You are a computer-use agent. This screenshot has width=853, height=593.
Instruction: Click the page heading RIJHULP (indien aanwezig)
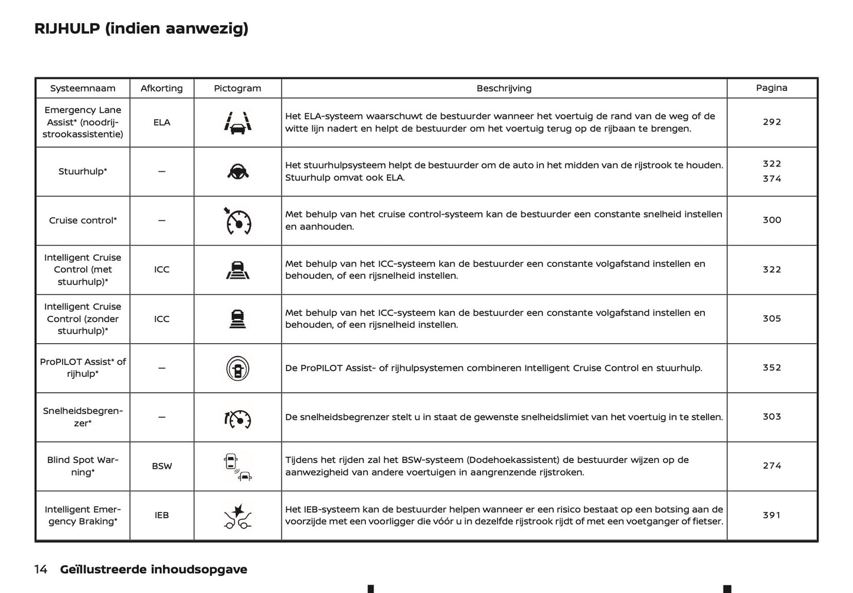(141, 28)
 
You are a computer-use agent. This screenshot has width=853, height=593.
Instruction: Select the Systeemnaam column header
(83, 88)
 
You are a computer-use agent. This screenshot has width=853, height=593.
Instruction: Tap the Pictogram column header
(237, 88)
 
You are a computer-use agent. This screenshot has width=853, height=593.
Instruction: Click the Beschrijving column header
(504, 88)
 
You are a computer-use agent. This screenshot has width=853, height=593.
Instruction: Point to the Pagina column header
(772, 87)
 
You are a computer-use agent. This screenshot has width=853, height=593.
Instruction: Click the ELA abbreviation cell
(162, 122)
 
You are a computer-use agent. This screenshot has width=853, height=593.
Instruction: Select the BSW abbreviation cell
(162, 466)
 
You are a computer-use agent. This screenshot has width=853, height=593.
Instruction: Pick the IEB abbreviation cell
(162, 515)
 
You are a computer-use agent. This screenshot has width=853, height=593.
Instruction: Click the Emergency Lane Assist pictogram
(238, 121)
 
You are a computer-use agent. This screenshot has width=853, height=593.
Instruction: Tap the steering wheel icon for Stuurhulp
(238, 171)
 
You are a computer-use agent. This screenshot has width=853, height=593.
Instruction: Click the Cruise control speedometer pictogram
(238, 221)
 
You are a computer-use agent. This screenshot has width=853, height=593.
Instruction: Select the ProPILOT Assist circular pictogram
(238, 369)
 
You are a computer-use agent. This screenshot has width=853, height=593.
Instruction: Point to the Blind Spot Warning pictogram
(238, 466)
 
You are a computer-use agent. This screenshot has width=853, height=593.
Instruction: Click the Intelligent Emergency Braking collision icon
(238, 515)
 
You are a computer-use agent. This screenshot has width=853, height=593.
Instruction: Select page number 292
(772, 122)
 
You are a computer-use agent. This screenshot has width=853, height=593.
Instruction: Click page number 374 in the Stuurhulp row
(772, 178)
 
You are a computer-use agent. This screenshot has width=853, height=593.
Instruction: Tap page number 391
(772, 515)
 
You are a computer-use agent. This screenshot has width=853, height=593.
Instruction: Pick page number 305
(772, 318)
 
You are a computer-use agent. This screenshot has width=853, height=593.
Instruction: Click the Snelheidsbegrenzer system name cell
(83, 417)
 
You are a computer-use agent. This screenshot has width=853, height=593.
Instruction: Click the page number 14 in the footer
(41, 569)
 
